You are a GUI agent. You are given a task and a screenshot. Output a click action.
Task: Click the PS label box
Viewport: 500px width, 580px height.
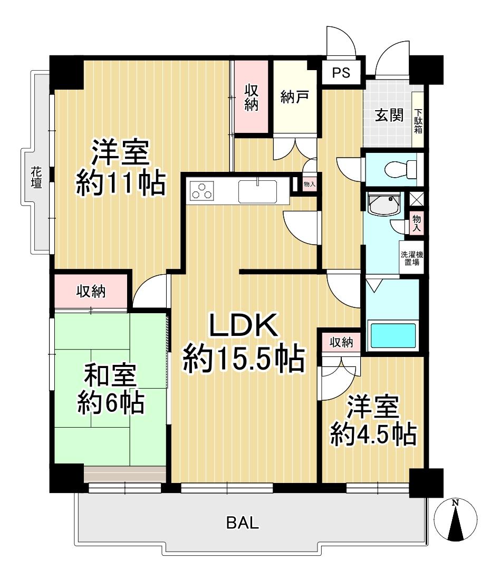coord(341,73)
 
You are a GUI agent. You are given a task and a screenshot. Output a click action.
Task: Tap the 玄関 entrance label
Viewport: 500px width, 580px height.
coord(389,116)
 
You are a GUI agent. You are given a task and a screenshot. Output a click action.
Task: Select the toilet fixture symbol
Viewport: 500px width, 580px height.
coord(399,170)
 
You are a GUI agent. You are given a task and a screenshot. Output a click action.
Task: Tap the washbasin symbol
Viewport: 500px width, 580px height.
coord(384,205)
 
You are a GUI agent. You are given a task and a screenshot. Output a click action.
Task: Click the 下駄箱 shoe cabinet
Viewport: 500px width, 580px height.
coord(418,121)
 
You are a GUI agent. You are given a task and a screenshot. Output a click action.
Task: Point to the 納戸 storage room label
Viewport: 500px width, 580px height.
coord(294,98)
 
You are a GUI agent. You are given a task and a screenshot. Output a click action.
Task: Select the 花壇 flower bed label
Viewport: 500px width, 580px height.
coord(35,178)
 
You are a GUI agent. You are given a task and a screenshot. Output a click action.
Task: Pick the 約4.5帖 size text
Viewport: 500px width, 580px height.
coord(373,434)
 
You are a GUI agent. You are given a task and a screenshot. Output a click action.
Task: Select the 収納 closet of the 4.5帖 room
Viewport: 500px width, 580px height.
coord(341,342)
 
